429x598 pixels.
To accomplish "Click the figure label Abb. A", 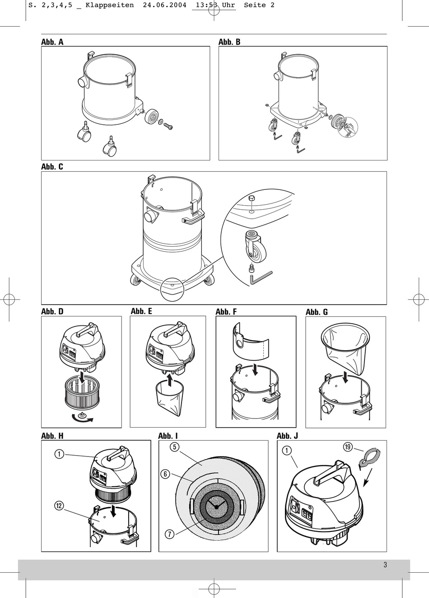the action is point(52,42).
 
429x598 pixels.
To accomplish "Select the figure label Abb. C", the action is point(52,167).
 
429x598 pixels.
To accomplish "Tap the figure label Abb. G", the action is point(317,312).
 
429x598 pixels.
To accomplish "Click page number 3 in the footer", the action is point(385,565).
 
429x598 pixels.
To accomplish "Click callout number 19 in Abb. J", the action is point(348,447).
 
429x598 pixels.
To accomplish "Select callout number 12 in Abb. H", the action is point(59,506).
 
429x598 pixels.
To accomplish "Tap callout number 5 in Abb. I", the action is point(174,447).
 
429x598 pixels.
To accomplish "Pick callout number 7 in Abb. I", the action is point(170,534).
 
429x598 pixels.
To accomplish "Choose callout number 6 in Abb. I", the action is point(165,474).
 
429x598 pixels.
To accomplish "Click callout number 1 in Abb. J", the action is point(287,451).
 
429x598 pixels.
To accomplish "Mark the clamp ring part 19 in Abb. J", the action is point(370,457).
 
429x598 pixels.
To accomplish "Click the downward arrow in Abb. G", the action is point(345,378).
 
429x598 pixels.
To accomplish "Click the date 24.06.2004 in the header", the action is point(164,5).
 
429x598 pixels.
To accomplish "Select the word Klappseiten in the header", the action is point(110,5).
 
